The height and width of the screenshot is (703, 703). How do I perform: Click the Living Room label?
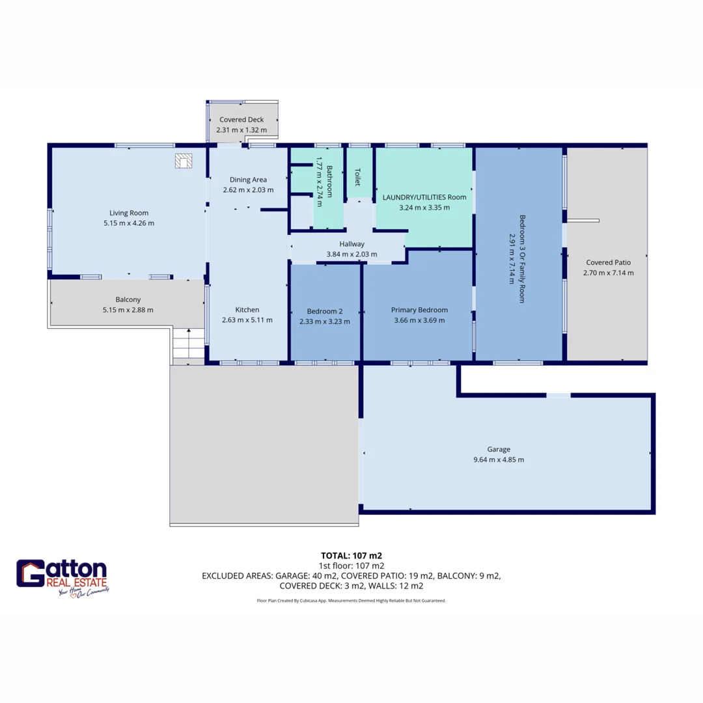(x=129, y=213)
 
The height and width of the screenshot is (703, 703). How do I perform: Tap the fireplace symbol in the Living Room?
(x=184, y=161)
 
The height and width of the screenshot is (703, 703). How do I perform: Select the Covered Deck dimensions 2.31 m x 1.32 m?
(x=241, y=130)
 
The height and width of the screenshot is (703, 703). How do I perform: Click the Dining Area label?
(x=248, y=180)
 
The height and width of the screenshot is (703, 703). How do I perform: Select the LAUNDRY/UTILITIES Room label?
(x=424, y=197)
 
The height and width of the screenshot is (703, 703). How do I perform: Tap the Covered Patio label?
(x=608, y=262)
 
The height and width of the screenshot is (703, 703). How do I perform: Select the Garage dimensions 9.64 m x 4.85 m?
(x=498, y=460)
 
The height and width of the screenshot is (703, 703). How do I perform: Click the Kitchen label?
(x=247, y=310)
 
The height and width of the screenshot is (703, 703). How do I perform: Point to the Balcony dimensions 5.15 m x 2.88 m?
(x=128, y=310)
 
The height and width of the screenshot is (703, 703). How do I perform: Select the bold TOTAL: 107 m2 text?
(x=351, y=555)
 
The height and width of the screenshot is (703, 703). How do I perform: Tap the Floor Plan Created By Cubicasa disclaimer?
(x=351, y=601)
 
